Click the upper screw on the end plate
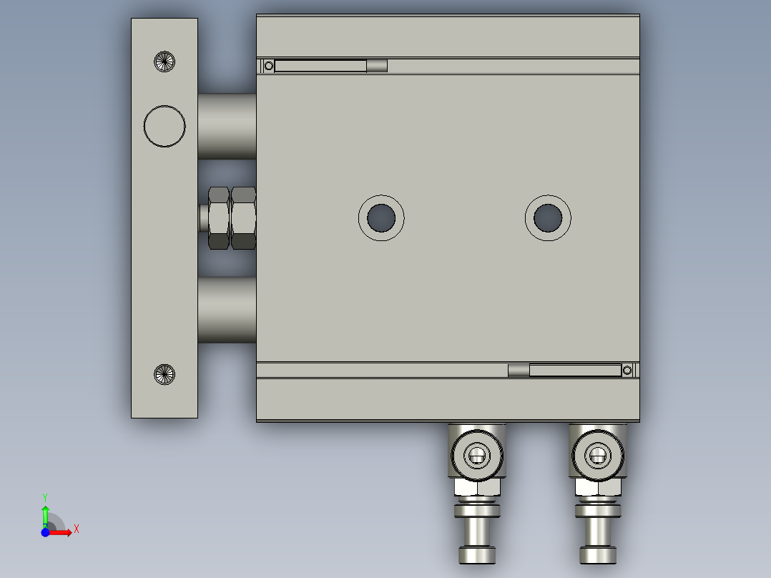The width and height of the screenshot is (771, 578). click(x=165, y=62)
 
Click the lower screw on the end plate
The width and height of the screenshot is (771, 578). click(x=165, y=373)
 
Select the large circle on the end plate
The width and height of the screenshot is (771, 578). click(x=164, y=126)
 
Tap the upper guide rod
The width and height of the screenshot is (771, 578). click(x=227, y=126)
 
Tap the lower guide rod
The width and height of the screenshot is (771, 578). click(x=227, y=310)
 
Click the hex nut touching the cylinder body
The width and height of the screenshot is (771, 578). click(x=244, y=217)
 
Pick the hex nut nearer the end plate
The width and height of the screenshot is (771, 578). click(x=218, y=217)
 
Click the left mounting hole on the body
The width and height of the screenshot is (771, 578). click(x=381, y=217)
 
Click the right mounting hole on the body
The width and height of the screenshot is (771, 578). click(x=548, y=217)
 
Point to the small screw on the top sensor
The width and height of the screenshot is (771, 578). click(x=268, y=66)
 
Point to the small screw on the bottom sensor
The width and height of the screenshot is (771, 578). click(x=627, y=370)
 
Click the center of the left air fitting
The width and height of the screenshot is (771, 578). click(x=476, y=454)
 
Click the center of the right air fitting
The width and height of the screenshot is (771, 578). click(x=597, y=454)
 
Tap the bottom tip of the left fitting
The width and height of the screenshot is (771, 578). click(x=476, y=556)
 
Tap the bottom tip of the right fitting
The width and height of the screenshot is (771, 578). click(x=597, y=556)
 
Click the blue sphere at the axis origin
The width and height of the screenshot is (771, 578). click(x=45, y=532)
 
